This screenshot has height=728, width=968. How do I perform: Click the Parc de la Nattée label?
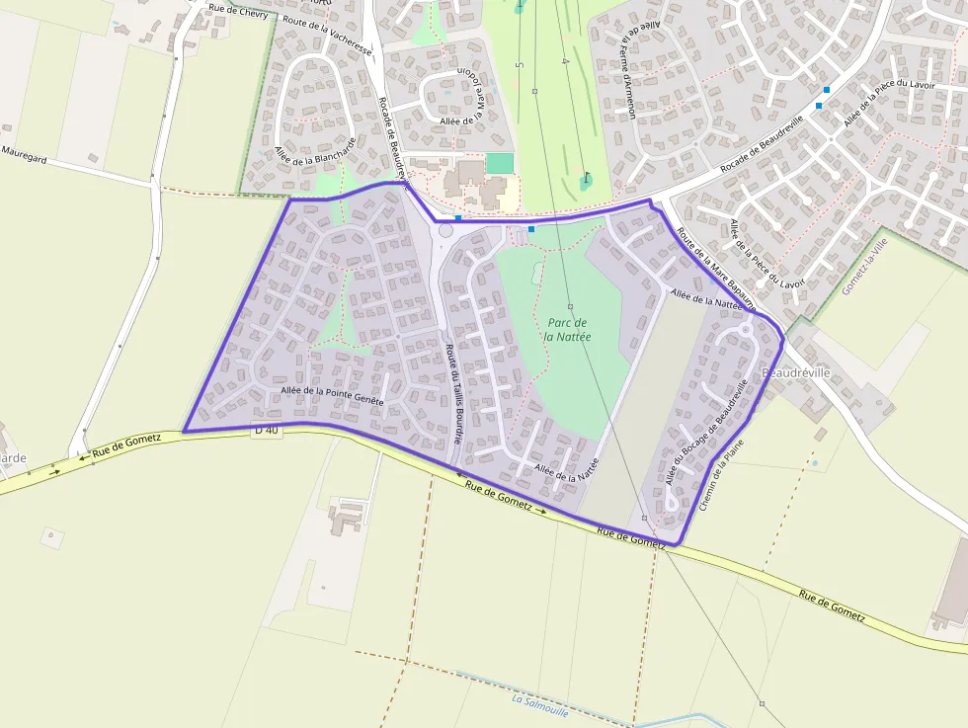567,330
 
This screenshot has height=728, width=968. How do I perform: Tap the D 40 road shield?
266,430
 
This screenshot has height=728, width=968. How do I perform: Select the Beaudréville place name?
796,372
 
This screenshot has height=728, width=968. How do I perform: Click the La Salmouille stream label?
540,702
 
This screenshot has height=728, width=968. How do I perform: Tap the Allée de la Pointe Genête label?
330,392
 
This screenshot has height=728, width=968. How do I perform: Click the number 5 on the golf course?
519,65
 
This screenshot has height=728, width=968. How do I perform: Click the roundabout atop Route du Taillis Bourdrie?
444,231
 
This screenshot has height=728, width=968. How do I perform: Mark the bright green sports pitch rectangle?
500,163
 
